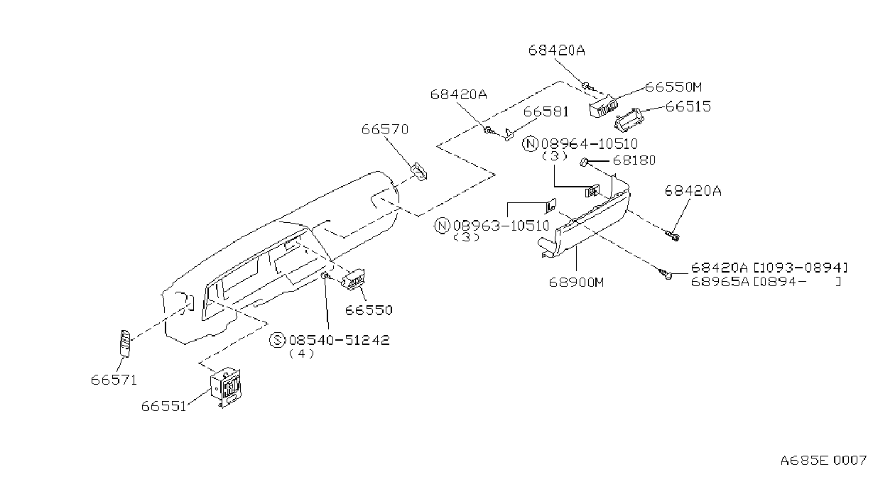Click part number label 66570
385,129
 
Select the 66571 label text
114,380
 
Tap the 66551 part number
163,407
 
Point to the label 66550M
673,87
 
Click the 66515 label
688,106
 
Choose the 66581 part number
546,111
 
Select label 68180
634,160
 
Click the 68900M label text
576,282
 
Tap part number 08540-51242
339,340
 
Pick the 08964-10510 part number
590,144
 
